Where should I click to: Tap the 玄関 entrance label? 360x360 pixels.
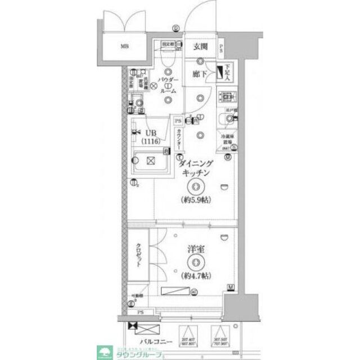coord(201,47)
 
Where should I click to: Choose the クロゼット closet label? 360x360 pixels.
coord(138,257)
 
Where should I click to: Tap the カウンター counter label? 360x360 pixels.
coord(178,137)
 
